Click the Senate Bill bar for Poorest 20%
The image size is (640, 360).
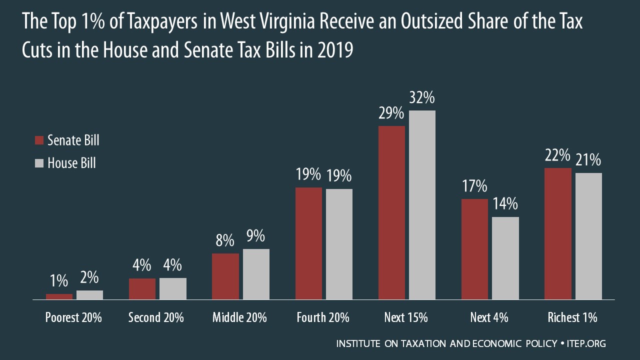[59, 296]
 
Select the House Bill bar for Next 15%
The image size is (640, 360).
[422, 205]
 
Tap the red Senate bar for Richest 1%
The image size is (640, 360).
[558, 233]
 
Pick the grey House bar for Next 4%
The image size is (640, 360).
[505, 258]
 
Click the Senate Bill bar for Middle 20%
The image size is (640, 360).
[225, 276]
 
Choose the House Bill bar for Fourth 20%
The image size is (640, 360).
[339, 244]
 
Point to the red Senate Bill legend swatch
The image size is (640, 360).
[39, 140]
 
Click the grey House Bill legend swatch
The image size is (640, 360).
[39, 163]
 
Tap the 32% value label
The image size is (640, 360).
[422, 98]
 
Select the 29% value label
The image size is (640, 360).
[391, 114]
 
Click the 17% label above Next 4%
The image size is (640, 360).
[474, 187]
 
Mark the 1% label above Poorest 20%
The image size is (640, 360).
[59, 281]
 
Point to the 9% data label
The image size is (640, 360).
[255, 236]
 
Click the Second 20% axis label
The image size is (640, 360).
[156, 317]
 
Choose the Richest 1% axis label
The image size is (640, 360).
[572, 317]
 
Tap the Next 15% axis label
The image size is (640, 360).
[406, 317]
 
